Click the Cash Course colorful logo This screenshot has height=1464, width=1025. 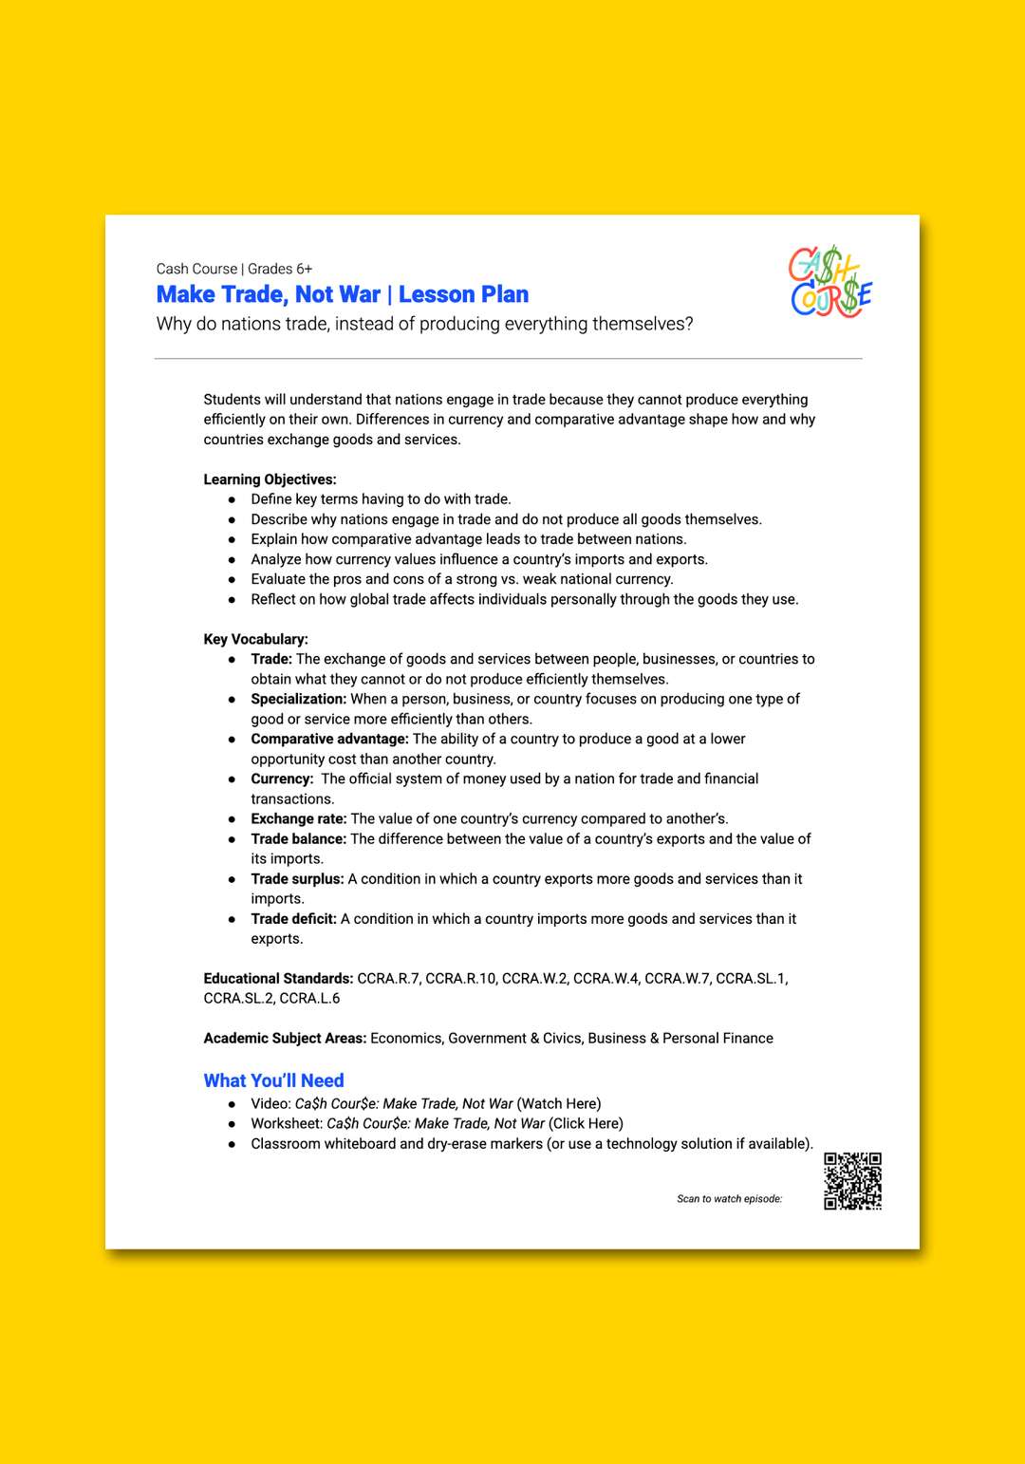click(830, 282)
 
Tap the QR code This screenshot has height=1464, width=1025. click(852, 1181)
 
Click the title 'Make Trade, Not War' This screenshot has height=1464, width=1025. click(269, 295)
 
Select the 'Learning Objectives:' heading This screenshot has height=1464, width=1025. click(270, 479)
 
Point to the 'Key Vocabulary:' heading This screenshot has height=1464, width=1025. click(255, 639)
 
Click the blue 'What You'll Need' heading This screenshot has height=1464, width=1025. click(273, 1080)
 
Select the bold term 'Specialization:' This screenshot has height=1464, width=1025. click(299, 699)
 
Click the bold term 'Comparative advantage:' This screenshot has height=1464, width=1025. click(329, 739)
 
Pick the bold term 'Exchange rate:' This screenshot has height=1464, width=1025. click(299, 818)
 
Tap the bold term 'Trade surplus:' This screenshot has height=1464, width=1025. click(297, 879)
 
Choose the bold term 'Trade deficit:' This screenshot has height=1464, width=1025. click(293, 919)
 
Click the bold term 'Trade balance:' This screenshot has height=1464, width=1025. click(299, 839)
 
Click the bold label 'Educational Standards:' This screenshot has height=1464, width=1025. click(278, 978)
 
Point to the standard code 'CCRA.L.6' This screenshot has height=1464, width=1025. click(309, 999)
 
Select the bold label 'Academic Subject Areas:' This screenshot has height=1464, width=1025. click(285, 1039)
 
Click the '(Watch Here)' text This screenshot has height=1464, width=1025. click(559, 1104)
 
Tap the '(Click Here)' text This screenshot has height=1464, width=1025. click(586, 1124)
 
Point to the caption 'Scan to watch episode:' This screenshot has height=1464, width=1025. click(729, 1199)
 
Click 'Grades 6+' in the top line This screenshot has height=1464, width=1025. click(280, 270)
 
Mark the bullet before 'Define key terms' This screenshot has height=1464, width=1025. click(232, 499)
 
